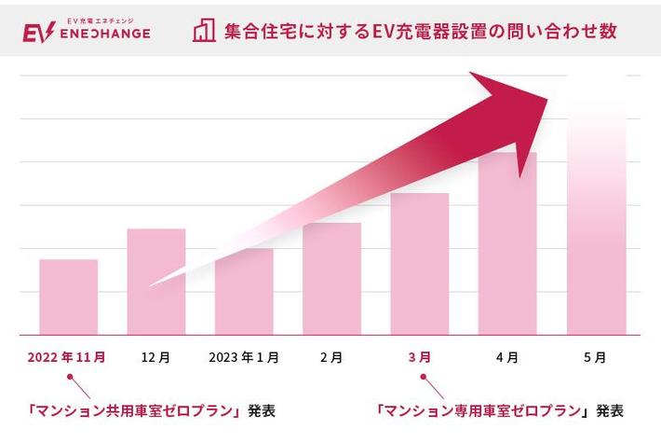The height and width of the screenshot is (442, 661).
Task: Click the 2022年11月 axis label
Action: point(67,357)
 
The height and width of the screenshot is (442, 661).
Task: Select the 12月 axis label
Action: point(155,357)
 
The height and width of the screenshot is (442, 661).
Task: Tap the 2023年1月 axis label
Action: point(243,357)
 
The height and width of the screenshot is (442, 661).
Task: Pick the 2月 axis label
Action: point(331,357)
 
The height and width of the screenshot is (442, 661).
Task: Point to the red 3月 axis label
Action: point(419,357)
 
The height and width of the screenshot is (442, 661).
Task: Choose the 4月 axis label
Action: point(507,357)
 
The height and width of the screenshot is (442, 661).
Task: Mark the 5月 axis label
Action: point(596,357)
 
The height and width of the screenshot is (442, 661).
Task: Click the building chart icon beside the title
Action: point(204,30)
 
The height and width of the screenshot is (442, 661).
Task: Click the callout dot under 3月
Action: point(424,378)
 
